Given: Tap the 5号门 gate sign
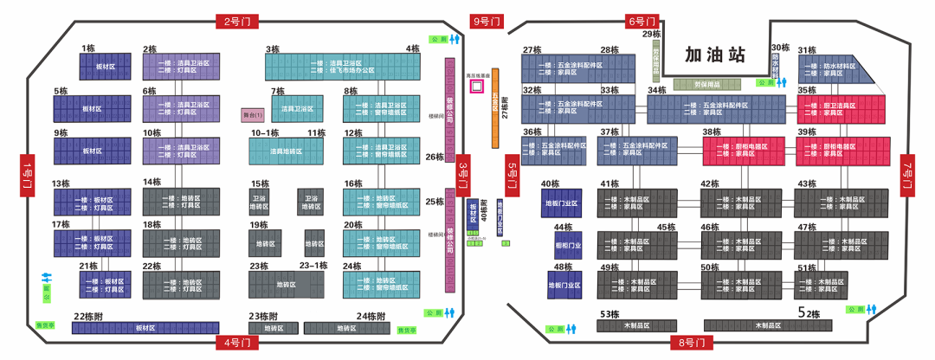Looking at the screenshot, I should pyautogui.click(x=512, y=176).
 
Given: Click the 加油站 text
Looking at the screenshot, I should pyautogui.click(x=714, y=55).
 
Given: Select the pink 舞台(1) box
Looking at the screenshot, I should pyautogui.click(x=251, y=115).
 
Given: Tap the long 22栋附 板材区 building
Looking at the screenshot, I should pyautogui.click(x=145, y=328).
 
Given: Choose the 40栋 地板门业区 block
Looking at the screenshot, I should pyautogui.click(x=562, y=202).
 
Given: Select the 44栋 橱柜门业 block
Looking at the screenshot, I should pyautogui.click(x=564, y=244).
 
